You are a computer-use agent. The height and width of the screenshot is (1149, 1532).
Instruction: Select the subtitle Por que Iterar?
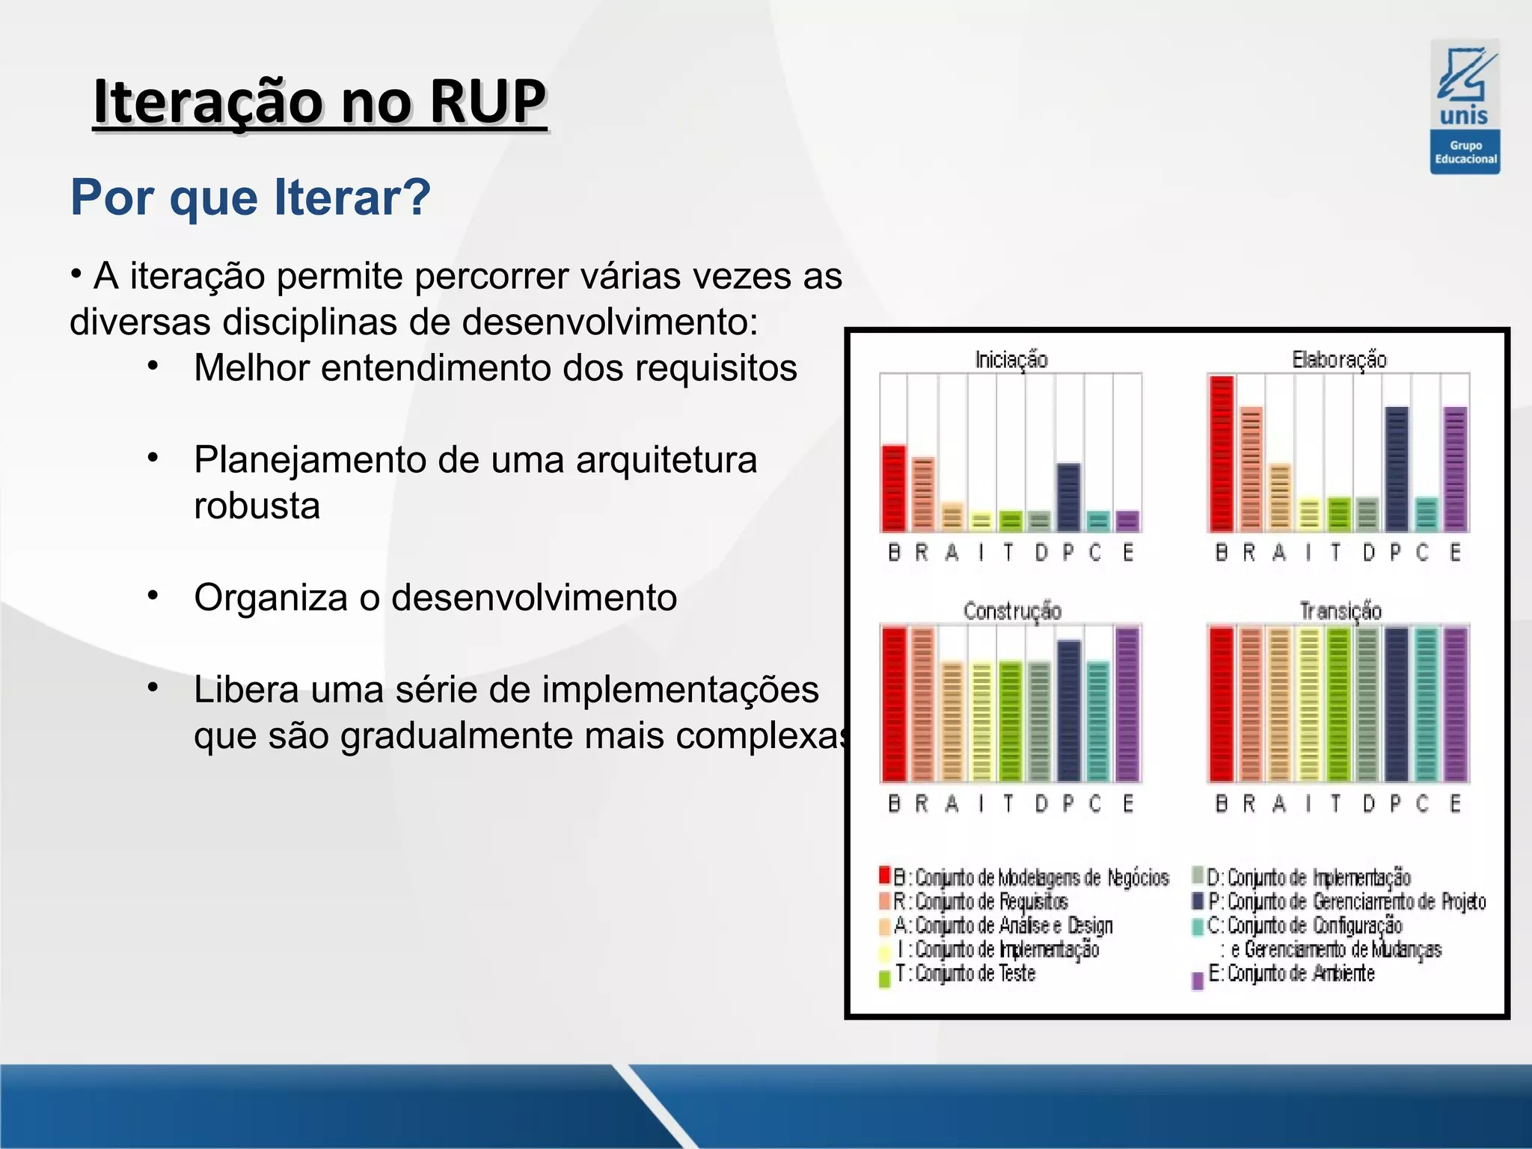(x=251, y=197)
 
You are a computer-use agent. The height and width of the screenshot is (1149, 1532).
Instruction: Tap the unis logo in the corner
(x=1464, y=106)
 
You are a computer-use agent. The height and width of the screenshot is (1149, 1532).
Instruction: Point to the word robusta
(x=257, y=506)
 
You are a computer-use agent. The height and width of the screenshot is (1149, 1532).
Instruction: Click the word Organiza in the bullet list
(x=270, y=598)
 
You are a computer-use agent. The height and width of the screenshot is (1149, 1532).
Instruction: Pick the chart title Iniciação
(x=1011, y=360)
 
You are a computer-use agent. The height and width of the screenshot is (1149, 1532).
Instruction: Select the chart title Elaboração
(x=1339, y=360)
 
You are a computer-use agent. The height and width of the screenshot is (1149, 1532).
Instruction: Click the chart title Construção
(x=1012, y=611)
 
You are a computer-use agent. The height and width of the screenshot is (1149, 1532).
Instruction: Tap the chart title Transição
(x=1340, y=611)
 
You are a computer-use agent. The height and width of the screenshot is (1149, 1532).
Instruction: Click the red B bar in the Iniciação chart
(x=894, y=488)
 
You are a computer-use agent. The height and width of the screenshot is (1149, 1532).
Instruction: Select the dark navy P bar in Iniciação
(x=1069, y=497)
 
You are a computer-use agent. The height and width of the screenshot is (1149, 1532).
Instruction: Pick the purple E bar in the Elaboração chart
(x=1455, y=469)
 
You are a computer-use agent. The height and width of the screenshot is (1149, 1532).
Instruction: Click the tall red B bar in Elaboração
(x=1222, y=454)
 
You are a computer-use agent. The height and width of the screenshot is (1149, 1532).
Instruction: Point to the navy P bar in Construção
(x=1069, y=710)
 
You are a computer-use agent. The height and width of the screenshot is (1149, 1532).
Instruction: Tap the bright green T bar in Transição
(x=1338, y=704)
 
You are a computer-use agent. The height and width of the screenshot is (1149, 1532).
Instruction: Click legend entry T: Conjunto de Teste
(x=965, y=974)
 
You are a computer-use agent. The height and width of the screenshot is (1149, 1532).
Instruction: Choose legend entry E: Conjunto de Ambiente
(x=1292, y=974)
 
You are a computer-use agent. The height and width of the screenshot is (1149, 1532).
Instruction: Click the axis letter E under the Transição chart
(x=1455, y=803)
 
